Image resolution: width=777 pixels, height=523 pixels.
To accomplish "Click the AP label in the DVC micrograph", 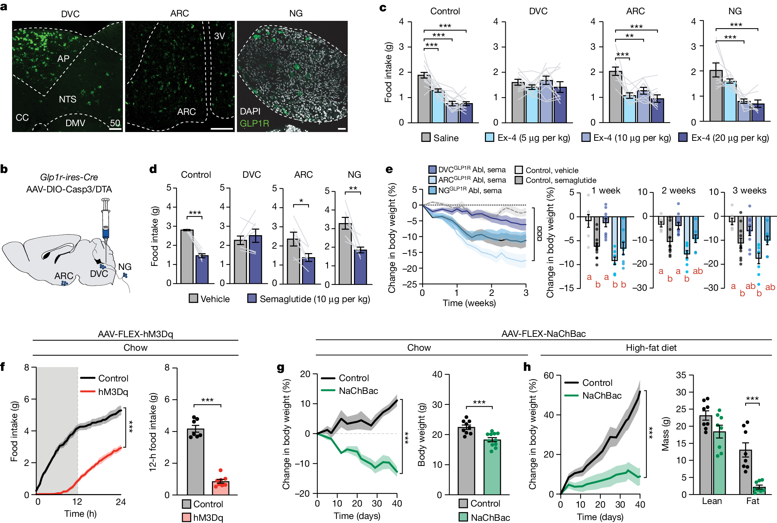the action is (63, 59).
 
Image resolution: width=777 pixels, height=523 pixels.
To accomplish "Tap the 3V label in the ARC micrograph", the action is (219, 36).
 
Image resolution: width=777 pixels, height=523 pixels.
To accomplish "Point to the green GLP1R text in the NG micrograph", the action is (254, 123).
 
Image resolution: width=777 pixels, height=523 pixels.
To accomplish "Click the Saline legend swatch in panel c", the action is (426, 138).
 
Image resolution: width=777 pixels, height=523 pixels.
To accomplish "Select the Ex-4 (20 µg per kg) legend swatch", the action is (683, 138).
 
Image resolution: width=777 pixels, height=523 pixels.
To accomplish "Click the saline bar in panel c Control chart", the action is (424, 99).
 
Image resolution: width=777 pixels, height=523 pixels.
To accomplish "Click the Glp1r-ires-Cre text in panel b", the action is (69, 177).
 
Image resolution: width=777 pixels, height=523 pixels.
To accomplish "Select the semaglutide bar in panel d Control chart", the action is (202, 270).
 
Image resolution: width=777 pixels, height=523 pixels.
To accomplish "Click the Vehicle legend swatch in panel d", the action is (193, 298).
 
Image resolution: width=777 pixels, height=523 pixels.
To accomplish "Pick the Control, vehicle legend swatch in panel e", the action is (518, 170).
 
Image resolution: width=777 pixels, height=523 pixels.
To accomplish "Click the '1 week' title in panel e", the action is (606, 191).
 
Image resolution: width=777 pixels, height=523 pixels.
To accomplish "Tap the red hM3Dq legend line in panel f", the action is (88, 392).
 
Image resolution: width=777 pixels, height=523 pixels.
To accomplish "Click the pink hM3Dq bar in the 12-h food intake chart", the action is (220, 488).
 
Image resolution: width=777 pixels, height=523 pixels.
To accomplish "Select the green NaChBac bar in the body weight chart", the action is (492, 467).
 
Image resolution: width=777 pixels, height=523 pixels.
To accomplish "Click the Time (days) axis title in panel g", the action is (357, 516).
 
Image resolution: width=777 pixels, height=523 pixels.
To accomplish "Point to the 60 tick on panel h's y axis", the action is (548, 375).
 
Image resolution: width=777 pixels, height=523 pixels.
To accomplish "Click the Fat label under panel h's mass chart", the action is (753, 501).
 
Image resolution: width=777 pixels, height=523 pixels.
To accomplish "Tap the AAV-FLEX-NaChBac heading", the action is (544, 334).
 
